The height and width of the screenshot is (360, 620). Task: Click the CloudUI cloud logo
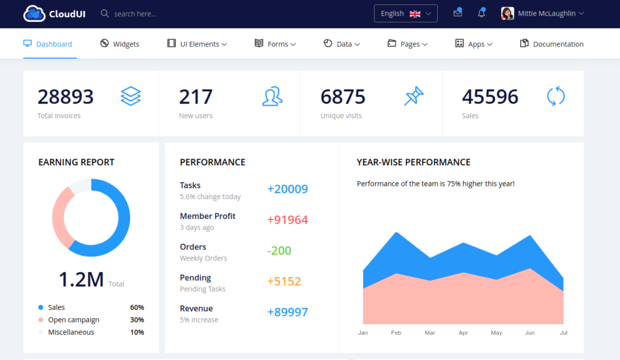(x=35, y=13)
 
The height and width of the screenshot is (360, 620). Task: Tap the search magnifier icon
(x=104, y=13)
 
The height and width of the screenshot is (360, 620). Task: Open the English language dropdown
(x=406, y=13)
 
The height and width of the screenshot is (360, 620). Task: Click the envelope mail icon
(x=458, y=13)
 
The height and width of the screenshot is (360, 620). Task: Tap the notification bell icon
(x=481, y=13)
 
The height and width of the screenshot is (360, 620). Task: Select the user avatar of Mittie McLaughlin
(x=507, y=13)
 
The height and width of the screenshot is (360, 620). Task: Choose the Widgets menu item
(x=119, y=44)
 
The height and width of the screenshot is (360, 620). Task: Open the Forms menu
(x=275, y=44)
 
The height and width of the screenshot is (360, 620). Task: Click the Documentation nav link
(x=552, y=44)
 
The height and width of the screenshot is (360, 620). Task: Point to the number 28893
(x=65, y=97)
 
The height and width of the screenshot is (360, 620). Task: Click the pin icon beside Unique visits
(x=414, y=96)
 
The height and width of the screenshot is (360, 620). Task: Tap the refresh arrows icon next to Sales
(x=556, y=96)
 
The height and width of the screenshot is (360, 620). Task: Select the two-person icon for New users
(x=272, y=96)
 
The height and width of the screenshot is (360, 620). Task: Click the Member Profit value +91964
(x=288, y=220)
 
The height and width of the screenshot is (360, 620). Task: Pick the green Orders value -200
(x=279, y=250)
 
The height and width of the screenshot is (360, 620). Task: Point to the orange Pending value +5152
(x=285, y=281)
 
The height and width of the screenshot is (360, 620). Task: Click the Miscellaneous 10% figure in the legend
(x=137, y=332)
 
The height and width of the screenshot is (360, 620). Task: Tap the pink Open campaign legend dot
(x=41, y=319)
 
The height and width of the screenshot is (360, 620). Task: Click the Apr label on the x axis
(x=463, y=333)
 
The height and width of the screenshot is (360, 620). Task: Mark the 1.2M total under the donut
(x=81, y=280)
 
